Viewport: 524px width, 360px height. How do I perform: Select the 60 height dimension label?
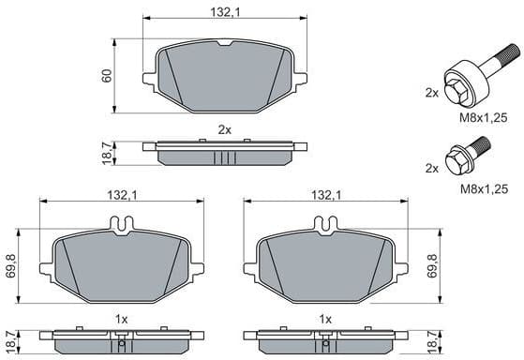pyautogui.click(x=108, y=74)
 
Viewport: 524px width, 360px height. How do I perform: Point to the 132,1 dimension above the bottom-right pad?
pyautogui.click(x=324, y=195)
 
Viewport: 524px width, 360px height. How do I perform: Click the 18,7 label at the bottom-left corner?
pyautogui.click(x=10, y=342)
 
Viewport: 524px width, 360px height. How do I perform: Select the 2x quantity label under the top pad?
pyautogui.click(x=224, y=128)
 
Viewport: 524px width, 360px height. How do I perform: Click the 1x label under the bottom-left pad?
pyautogui.click(x=122, y=319)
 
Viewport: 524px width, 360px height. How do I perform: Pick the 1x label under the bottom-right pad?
pyautogui.click(x=325, y=319)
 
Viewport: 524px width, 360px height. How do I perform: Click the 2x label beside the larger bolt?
pyautogui.click(x=431, y=93)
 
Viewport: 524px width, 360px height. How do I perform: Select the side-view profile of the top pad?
pyautogui.click(x=224, y=150)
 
